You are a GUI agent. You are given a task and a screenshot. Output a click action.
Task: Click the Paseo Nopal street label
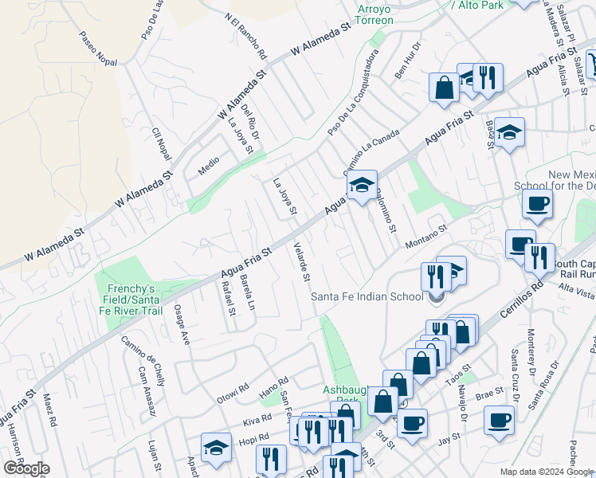(x=99, y=49)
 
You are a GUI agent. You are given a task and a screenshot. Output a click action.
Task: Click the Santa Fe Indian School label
(x=367, y=297)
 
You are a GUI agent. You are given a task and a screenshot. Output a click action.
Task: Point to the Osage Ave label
(x=182, y=324)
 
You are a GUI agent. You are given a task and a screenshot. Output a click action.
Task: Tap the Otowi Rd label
(x=235, y=394)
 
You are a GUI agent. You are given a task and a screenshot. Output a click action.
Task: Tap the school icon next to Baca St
(x=508, y=132)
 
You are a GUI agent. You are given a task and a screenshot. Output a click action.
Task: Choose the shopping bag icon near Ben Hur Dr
(x=444, y=88)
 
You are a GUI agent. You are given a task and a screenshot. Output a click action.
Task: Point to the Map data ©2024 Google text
(x=547, y=472)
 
